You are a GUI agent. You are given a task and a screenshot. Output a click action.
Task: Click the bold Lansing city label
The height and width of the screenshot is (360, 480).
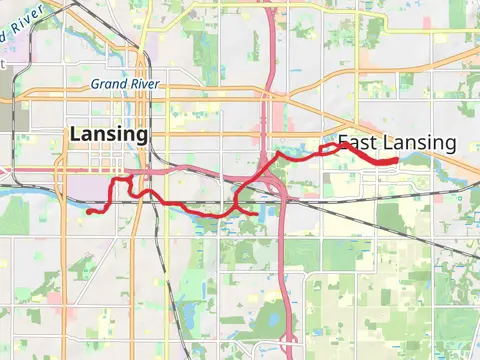click(x=109, y=134)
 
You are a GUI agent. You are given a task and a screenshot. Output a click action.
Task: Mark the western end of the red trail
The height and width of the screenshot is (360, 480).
click(x=88, y=211)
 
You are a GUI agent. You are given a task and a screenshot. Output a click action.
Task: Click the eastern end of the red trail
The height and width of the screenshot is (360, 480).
click(x=396, y=160)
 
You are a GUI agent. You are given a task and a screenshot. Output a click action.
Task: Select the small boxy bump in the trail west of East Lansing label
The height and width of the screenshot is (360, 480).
click(x=327, y=148)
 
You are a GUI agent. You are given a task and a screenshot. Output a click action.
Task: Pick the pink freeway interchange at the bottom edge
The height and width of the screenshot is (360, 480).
click(x=288, y=345)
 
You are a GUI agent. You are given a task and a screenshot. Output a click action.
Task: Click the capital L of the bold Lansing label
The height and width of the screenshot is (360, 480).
click(x=75, y=134)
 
